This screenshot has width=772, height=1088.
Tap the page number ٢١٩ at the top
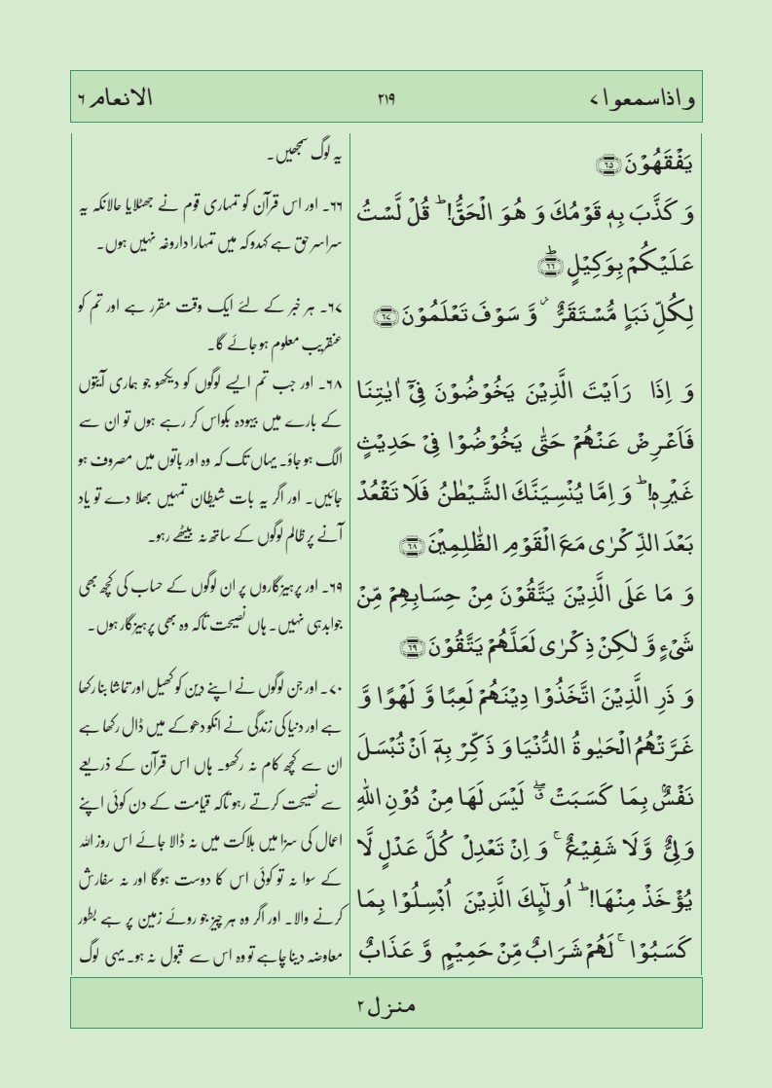386,98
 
